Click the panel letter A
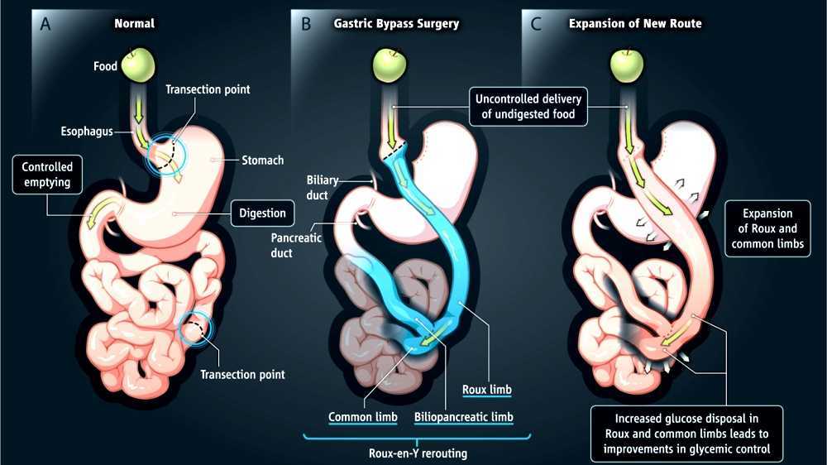[x=45, y=23]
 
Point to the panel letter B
[x=306, y=23]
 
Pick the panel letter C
[x=536, y=23]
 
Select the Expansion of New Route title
[x=635, y=23]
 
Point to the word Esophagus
[x=87, y=131]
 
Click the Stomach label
[x=262, y=161]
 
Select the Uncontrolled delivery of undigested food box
[x=528, y=107]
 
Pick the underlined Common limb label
[x=363, y=417]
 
